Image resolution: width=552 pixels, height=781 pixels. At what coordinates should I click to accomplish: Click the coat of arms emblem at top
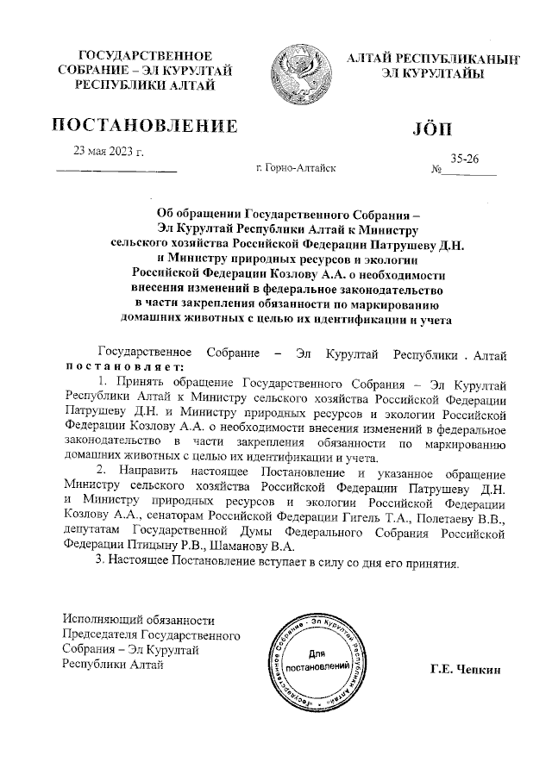pos(299,74)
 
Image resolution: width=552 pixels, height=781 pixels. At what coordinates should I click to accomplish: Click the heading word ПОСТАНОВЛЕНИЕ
pos(145,126)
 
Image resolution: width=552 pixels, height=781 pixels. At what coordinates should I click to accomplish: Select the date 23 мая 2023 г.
pos(109,153)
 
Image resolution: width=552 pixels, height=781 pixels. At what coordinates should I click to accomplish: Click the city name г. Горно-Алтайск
pos(296,169)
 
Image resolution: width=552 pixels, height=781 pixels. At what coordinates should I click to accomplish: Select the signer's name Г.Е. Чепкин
pos(465,670)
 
